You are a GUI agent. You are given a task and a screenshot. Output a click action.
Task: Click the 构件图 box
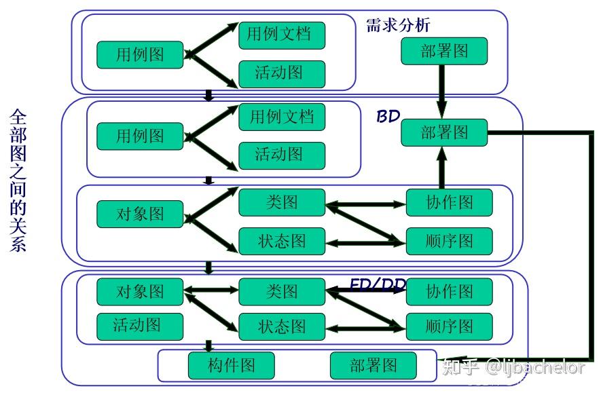[231, 366]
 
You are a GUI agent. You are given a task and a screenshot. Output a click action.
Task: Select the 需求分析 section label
[398, 26]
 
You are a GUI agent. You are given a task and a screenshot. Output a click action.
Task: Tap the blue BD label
[388, 117]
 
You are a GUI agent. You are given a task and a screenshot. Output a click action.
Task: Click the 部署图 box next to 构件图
[374, 366]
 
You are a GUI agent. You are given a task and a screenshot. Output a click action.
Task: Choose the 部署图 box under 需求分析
[444, 52]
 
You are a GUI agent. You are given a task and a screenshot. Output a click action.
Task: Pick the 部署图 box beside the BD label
[444, 132]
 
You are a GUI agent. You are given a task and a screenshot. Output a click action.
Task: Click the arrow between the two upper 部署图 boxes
[442, 92]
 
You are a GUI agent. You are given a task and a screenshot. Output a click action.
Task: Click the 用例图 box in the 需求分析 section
[140, 55]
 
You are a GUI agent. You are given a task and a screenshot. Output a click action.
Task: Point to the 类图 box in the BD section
[282, 202]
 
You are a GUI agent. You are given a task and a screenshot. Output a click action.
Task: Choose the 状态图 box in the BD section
[282, 241]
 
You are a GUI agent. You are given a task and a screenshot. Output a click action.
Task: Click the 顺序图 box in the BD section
[449, 241]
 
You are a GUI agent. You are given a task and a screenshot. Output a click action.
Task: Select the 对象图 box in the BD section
[140, 214]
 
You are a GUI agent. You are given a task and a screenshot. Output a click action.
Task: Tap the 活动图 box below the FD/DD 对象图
[140, 326]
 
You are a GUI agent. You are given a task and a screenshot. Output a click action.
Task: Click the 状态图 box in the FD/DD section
[282, 326]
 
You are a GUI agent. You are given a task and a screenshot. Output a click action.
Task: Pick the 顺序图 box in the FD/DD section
[449, 326]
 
